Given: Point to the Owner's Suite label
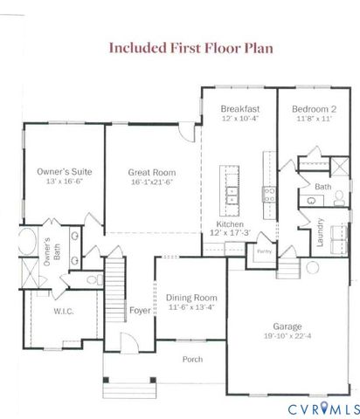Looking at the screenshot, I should [x=64, y=171].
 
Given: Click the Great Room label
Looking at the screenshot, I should [x=153, y=173].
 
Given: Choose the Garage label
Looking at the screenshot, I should [x=288, y=325].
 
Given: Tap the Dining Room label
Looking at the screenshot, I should [x=191, y=298].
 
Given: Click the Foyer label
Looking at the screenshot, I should [x=140, y=308].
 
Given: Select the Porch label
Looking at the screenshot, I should [x=191, y=359].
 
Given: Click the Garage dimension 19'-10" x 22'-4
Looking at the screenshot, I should [x=288, y=335].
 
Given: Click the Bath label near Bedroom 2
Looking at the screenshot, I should [x=322, y=187].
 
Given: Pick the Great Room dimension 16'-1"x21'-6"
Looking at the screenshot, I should [x=153, y=182].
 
